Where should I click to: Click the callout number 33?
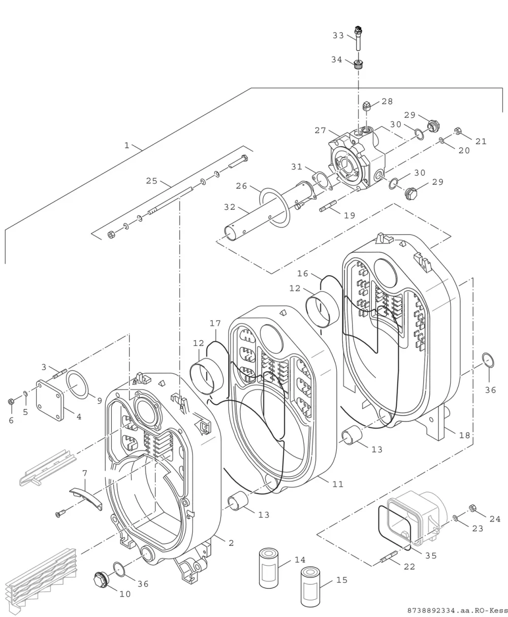point(338,36)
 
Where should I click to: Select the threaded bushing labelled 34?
point(358,64)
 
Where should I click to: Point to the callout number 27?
point(320,130)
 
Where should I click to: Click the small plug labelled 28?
point(367,106)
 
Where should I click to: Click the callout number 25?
point(152,181)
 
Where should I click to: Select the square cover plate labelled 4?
point(50,400)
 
